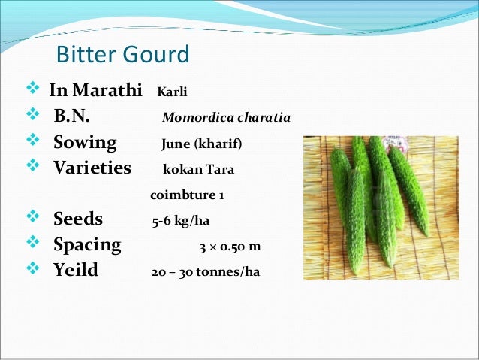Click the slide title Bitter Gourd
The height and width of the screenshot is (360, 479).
[x=123, y=56]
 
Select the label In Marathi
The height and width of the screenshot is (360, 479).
[x=95, y=92]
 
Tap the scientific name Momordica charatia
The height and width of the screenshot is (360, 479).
[x=226, y=119]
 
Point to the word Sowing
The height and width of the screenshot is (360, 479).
[x=85, y=143]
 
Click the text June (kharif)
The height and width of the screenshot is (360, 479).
[x=202, y=144]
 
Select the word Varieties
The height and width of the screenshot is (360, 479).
[x=92, y=168]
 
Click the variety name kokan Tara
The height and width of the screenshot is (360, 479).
[x=199, y=170]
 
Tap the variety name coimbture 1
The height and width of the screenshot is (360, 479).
[x=188, y=195]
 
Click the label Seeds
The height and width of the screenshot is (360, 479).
[x=78, y=220]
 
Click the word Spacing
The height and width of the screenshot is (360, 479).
[x=87, y=245]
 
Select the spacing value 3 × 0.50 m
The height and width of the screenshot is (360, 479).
[x=230, y=247]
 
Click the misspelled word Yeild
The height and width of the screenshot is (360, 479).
[x=76, y=270]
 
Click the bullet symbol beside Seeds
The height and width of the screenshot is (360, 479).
[x=32, y=219]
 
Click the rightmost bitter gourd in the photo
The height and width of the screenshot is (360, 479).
[x=411, y=188]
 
